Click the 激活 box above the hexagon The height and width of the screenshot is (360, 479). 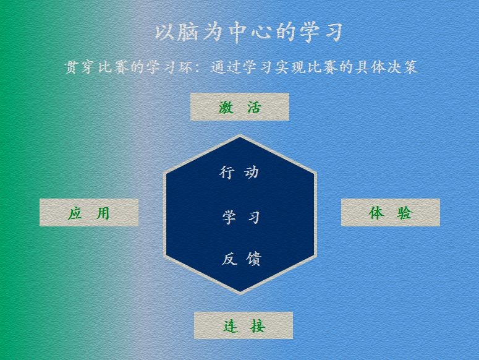tap(240, 107)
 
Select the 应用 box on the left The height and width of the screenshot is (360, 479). tap(89, 213)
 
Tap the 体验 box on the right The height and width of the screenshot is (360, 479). tap(391, 212)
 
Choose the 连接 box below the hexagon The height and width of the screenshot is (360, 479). tap(244, 325)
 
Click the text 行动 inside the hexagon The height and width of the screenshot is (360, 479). tap(239, 173)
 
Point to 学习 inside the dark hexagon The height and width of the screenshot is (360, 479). tap(241, 218)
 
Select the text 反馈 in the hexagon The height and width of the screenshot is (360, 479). tap(241, 259)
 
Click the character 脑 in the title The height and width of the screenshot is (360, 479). tap(187, 32)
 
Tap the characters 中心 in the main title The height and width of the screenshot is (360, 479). tap(251, 32)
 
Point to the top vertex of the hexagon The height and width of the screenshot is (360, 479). tap(240, 135)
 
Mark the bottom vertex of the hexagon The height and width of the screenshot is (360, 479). tap(240, 294)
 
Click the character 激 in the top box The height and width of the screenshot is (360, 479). tap(226, 107)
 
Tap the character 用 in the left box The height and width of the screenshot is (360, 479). tap(103, 213)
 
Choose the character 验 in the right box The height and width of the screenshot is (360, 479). tap(405, 213)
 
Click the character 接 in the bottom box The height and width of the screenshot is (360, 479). tap(258, 326)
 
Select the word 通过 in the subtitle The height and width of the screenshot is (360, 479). tap(226, 67)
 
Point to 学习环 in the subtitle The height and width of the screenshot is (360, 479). tap(170, 67)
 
